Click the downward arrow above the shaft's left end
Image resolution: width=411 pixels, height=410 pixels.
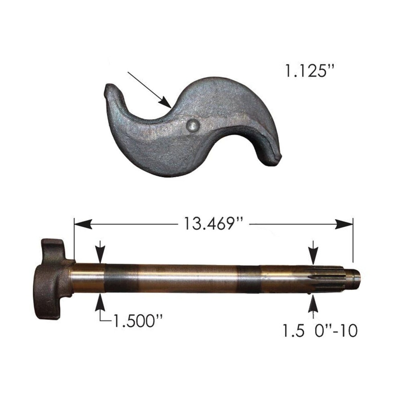click(x=100, y=253)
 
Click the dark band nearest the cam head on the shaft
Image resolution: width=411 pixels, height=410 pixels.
click(x=120, y=278)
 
